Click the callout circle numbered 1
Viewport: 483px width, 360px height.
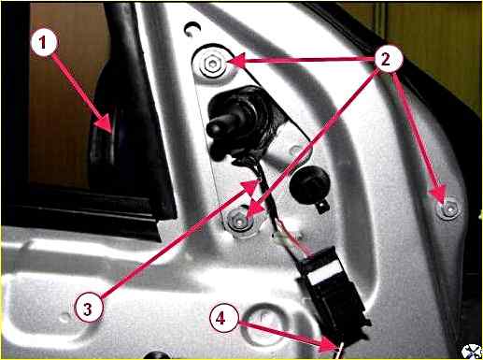44,43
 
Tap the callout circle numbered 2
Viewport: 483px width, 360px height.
386,59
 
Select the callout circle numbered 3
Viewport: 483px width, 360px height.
89,309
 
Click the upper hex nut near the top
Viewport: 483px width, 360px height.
212,64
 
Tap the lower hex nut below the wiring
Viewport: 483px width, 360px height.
239,221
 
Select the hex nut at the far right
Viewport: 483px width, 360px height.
448,209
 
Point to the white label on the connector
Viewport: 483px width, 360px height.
325,270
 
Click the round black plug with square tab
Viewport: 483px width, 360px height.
309,186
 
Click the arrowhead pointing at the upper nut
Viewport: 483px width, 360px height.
229,61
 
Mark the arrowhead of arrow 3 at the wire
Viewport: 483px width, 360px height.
259,180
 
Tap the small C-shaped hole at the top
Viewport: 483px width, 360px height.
190,29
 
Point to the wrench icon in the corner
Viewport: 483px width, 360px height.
471,352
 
